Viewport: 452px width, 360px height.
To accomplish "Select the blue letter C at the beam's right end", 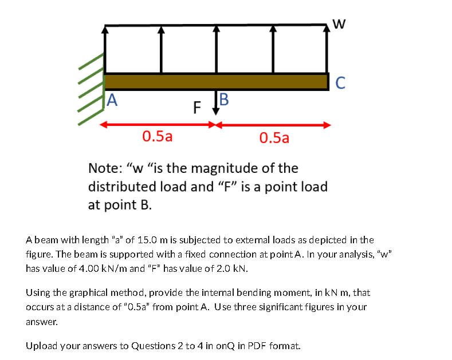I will [340, 83].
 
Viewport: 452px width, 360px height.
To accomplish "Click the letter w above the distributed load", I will [339, 23].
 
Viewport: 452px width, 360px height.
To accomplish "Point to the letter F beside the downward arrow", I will [198, 107].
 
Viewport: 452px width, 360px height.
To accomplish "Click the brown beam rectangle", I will [217, 81].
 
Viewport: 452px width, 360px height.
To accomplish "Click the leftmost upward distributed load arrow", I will [104, 49].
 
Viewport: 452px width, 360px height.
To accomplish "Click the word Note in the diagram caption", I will [106, 168].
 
